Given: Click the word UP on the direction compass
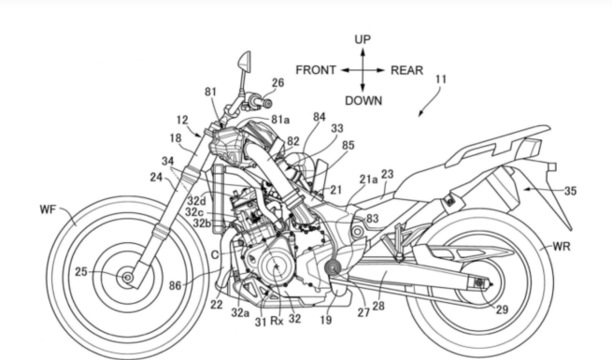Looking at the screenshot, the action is coord(363,39).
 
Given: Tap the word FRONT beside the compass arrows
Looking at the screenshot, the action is coord(316,70).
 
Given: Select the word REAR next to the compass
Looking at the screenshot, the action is coord(406,70).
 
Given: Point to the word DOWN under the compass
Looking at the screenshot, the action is coord(363,101).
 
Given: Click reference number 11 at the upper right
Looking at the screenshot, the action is coord(441,79).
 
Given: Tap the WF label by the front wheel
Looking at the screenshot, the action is coord(48,209).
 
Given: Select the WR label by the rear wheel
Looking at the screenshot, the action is coord(562,247).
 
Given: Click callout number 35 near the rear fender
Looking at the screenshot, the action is coord(570,191).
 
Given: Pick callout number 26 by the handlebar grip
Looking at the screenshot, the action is coord(278,83).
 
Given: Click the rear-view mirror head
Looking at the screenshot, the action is coord(245,61).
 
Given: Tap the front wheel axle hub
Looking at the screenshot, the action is coord(127,278).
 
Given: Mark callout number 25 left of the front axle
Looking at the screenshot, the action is coord(80,272).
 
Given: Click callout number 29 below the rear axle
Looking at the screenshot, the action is coord(502,310).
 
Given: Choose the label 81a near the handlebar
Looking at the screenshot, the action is coord(280,120).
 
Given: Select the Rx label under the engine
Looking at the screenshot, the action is coord(277,321).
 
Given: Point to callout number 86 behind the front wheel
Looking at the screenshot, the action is coord(175,286).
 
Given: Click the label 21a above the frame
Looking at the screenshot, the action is coord(368,180).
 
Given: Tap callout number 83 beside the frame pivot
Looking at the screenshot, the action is coord(373,219).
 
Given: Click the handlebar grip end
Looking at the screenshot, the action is coord(268,103).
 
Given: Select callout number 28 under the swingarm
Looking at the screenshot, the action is coord(377,306).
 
